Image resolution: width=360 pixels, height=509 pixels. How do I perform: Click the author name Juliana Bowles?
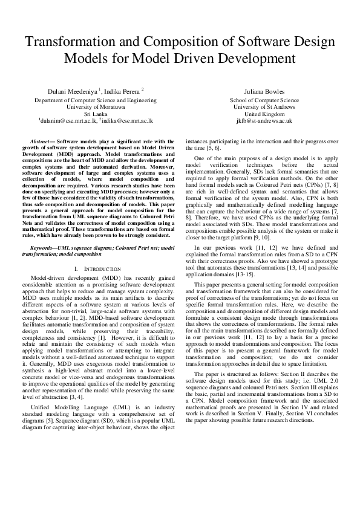click(x=264, y=91)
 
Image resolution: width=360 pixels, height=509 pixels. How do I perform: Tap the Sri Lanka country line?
click(x=96, y=113)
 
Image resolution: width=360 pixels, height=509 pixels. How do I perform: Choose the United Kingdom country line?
click(x=264, y=114)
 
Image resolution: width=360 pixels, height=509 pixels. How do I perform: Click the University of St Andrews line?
click(x=264, y=106)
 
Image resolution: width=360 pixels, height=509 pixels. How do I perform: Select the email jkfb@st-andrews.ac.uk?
click(x=264, y=120)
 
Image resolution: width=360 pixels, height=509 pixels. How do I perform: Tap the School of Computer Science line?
click(x=264, y=100)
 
